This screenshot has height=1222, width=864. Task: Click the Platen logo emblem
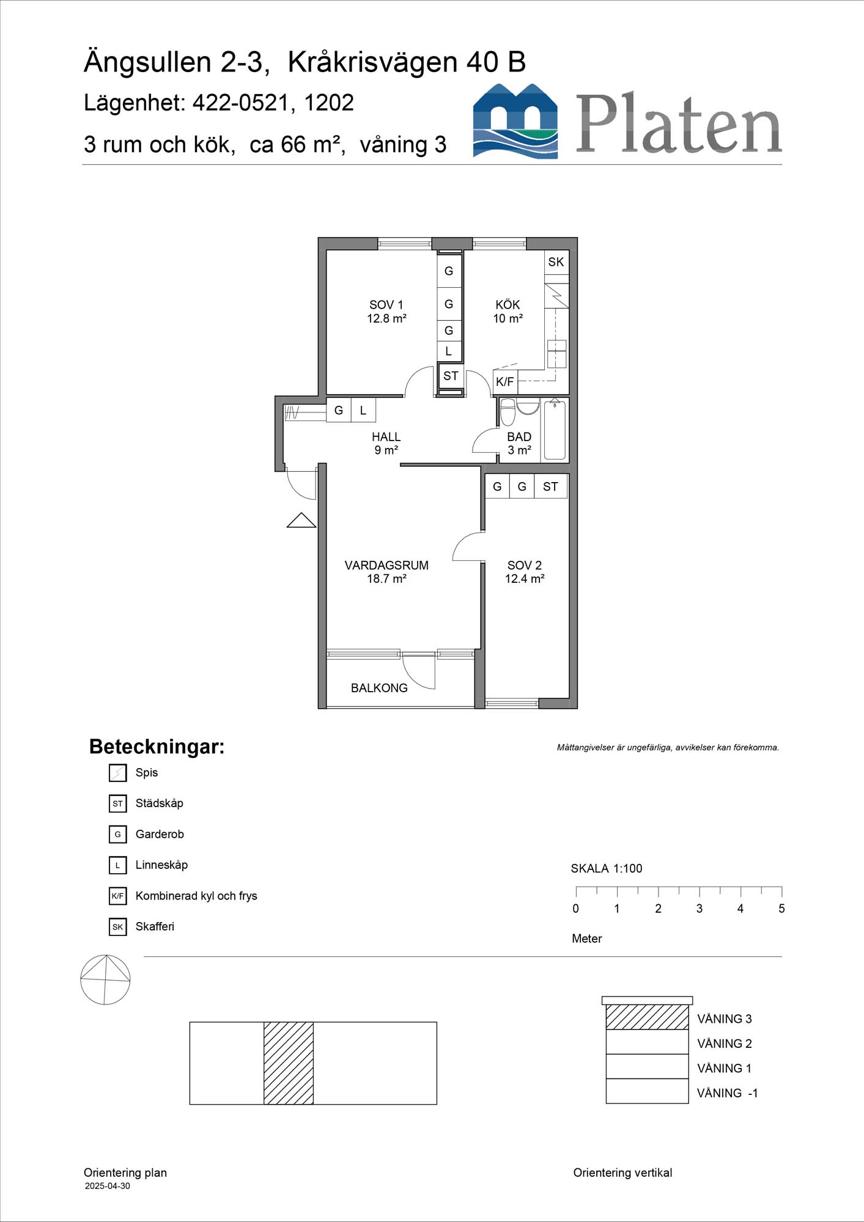tap(515, 121)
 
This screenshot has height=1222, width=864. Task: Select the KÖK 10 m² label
tap(508, 311)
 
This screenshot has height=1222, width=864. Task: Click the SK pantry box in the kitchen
tap(556, 262)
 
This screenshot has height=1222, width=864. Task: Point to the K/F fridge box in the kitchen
tap(505, 382)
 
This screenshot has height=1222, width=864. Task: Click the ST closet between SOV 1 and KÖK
tap(451, 376)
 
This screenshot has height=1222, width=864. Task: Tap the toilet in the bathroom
tap(508, 412)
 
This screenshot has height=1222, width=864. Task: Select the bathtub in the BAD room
tap(555, 430)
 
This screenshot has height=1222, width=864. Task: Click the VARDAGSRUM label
tap(386, 566)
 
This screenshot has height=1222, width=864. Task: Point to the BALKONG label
tap(379, 688)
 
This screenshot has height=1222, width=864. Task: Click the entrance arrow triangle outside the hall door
tap(301, 521)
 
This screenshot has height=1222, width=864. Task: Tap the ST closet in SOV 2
tap(550, 487)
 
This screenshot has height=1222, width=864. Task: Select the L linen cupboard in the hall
tap(363, 411)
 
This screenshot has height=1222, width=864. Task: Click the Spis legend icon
tap(117, 773)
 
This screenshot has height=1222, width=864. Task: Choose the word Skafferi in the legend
tap(155, 926)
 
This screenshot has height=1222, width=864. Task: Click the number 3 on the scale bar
tap(700, 909)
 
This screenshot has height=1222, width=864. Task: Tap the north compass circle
tap(105, 979)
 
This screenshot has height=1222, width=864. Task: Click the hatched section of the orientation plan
tap(289, 1063)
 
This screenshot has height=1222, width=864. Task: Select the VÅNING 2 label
tap(725, 1044)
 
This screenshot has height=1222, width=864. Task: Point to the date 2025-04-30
tap(107, 1186)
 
